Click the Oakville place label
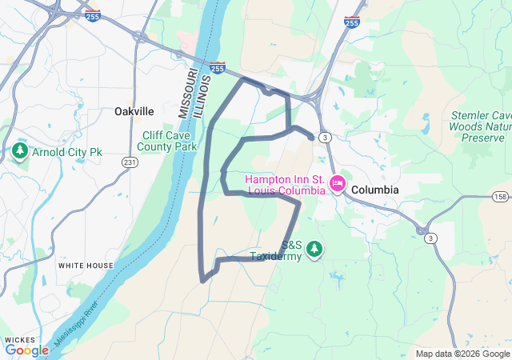(134, 111)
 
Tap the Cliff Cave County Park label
(166, 141)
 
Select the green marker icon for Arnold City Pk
(19, 150)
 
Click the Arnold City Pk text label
(68, 151)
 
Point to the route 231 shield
(129, 162)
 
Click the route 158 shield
(501, 196)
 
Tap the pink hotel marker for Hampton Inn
(338, 185)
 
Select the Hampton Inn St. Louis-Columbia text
(286, 185)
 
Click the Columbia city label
(374, 190)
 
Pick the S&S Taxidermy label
(276, 251)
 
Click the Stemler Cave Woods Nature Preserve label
(478, 126)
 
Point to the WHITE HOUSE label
(86, 265)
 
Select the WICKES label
(20, 339)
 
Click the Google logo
(26, 350)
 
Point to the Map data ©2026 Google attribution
(462, 354)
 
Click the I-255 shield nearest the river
(217, 69)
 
